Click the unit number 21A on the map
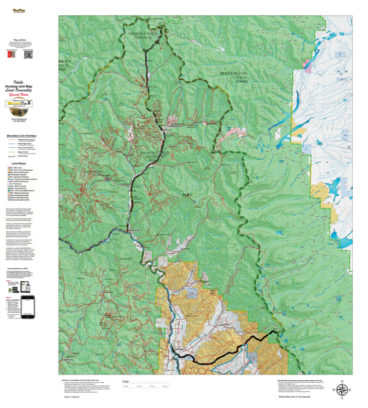pyautogui.click(x=185, y=195)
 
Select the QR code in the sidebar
pyautogui.click(x=28, y=54)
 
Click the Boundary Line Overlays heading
pyautogui.click(x=20, y=135)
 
